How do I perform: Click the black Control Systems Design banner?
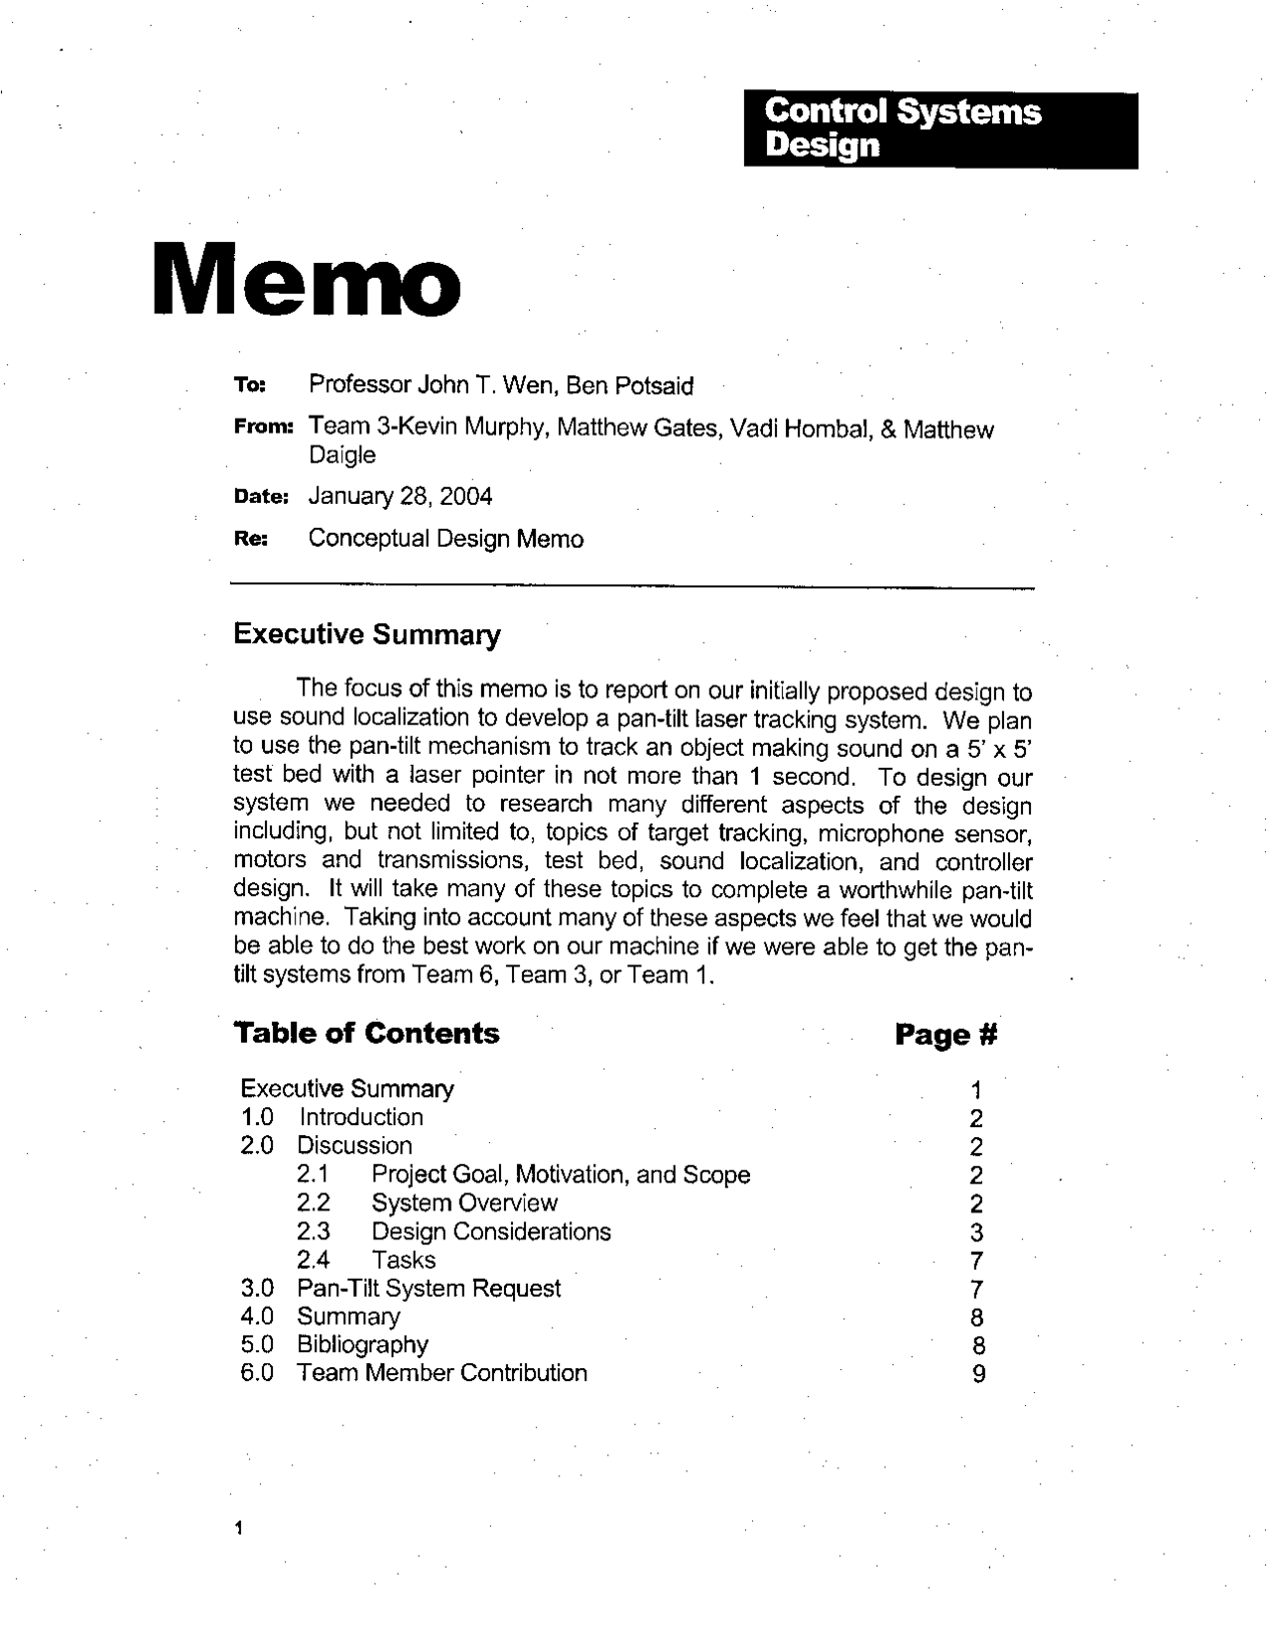(x=940, y=130)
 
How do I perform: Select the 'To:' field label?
(x=246, y=385)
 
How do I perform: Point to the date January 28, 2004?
(x=400, y=496)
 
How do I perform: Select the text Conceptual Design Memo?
(x=445, y=539)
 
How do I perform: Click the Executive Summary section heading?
(x=366, y=635)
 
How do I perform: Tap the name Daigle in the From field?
(x=342, y=455)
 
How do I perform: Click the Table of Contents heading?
(x=366, y=1034)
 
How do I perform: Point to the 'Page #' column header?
(x=945, y=1035)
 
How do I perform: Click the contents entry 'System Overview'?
(x=463, y=1203)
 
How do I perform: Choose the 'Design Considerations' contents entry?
(x=490, y=1232)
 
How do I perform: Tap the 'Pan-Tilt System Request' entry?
(x=429, y=1289)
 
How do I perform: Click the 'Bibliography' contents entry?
(x=362, y=1345)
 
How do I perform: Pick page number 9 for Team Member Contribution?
(x=978, y=1374)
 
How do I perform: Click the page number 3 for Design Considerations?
(x=976, y=1233)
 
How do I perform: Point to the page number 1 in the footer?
(x=238, y=1528)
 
